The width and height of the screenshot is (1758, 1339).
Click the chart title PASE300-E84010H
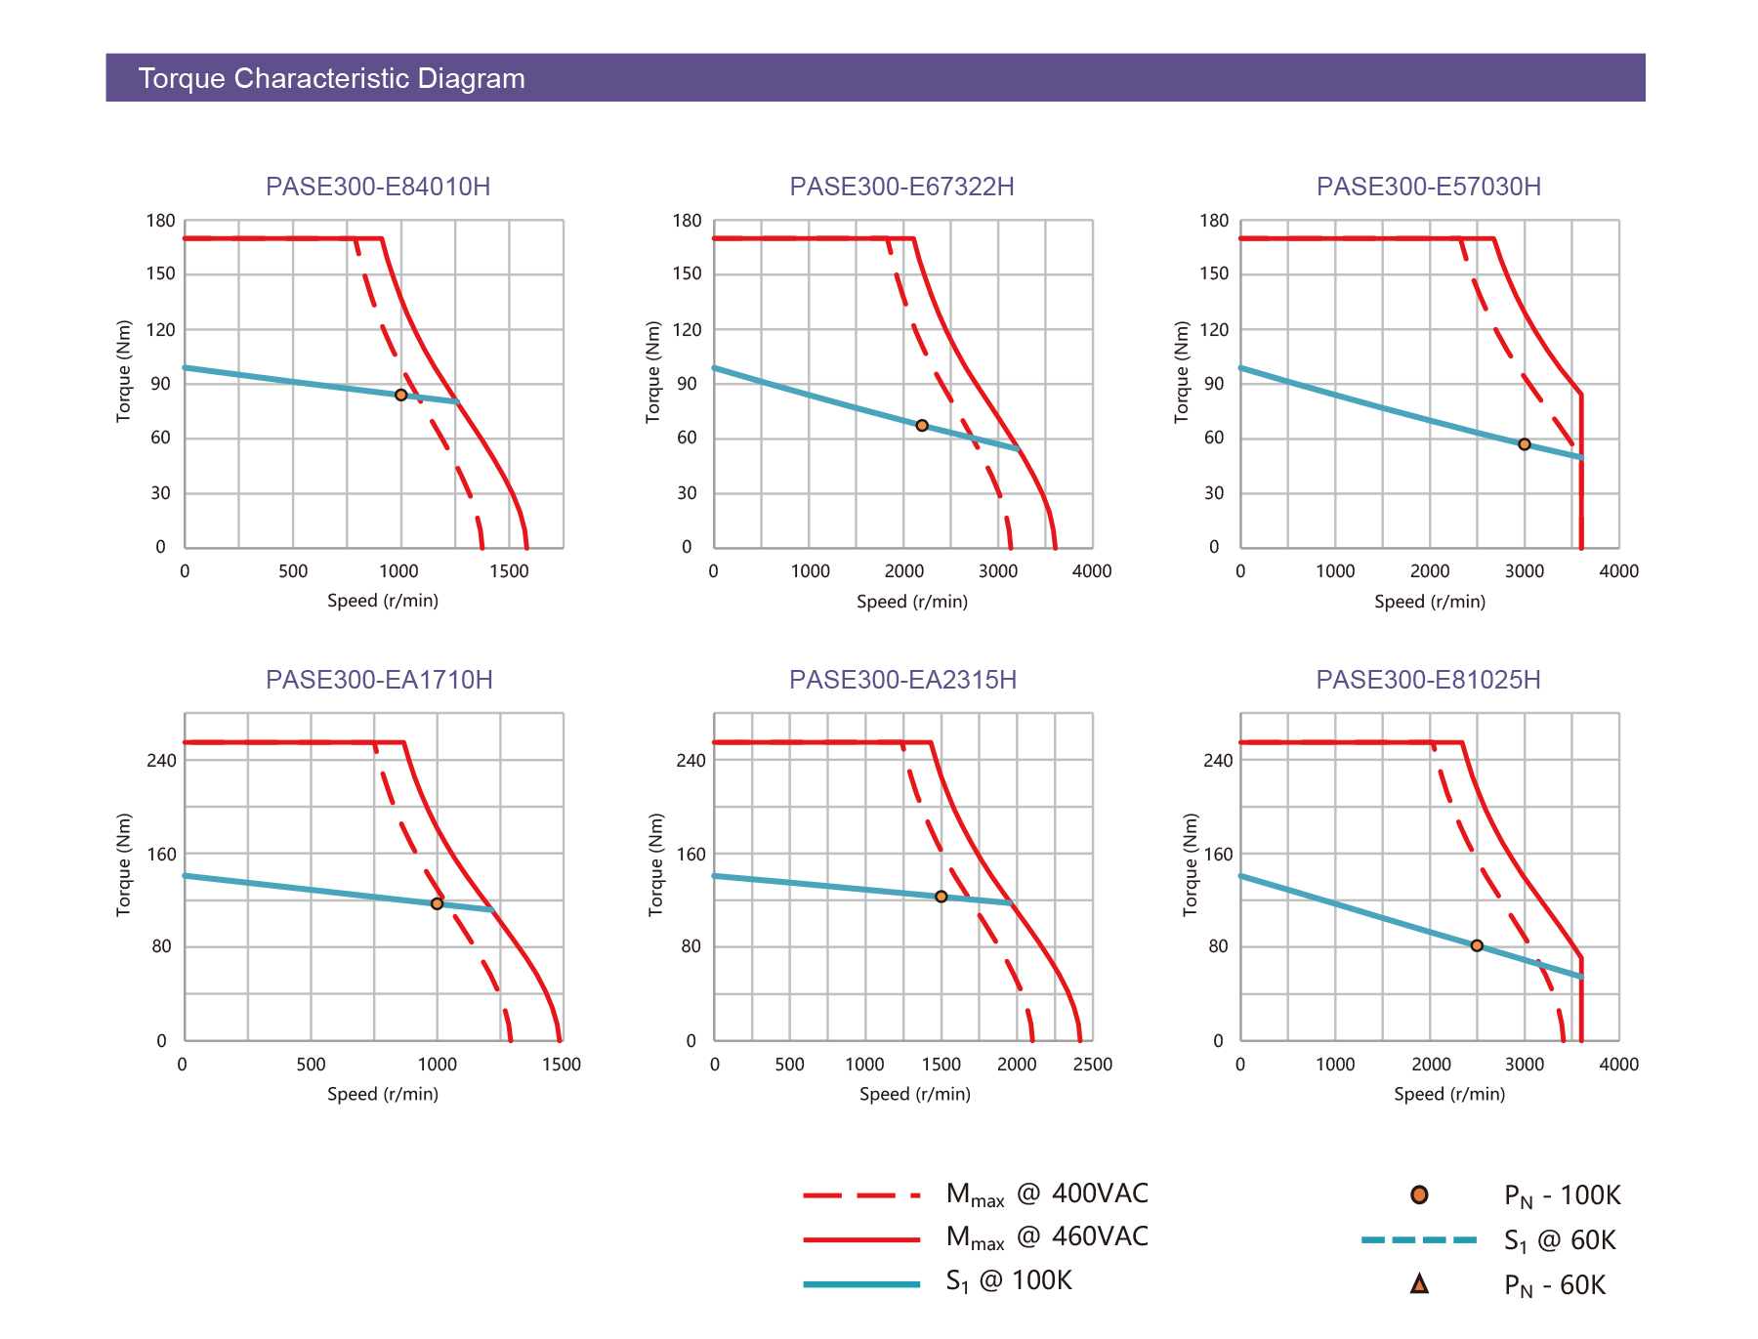click(x=378, y=187)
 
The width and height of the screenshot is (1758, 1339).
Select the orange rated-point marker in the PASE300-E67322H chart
click(x=922, y=426)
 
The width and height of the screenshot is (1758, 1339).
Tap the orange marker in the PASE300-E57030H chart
click(x=1525, y=444)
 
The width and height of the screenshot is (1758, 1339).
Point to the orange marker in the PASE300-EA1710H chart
click(x=437, y=903)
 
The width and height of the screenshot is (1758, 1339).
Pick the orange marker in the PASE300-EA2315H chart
click(x=942, y=897)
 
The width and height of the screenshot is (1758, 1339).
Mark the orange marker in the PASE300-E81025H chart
click(x=1477, y=945)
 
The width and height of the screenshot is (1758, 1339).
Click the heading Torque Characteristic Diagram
click(x=331, y=78)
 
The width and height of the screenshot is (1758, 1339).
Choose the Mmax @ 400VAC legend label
click(x=1047, y=1194)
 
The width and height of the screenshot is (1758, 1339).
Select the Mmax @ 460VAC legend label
click(x=1047, y=1237)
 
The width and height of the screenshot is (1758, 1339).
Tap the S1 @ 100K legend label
click(x=1009, y=1280)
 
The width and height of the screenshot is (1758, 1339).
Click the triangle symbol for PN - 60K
click(x=1419, y=1284)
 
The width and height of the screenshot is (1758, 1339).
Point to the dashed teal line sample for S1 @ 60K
click(x=1419, y=1239)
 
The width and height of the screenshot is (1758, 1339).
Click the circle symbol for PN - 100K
click(x=1419, y=1194)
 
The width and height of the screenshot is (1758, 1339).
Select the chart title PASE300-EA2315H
click(x=902, y=680)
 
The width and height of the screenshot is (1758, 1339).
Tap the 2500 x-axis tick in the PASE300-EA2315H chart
click(x=1092, y=1065)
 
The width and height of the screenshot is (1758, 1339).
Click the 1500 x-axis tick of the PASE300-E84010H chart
click(x=509, y=571)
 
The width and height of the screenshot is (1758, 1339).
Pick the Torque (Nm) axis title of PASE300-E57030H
click(x=1182, y=371)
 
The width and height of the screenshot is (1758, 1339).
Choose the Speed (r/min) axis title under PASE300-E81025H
click(x=1449, y=1094)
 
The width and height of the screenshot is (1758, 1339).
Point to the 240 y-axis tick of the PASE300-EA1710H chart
click(x=162, y=761)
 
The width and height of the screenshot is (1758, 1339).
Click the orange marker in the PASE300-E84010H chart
click(x=400, y=395)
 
